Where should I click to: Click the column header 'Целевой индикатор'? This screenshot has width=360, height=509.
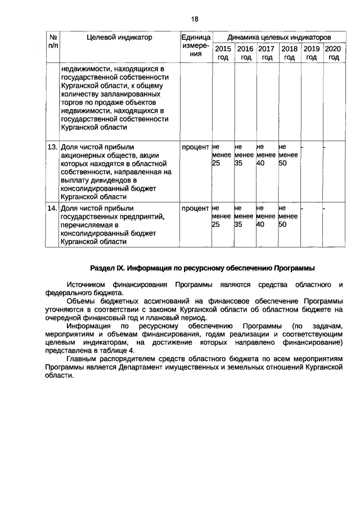119,37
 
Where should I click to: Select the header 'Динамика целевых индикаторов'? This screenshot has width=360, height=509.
277,37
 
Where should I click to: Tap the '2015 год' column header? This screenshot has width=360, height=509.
223,53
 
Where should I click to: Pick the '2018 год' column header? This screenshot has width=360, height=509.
289,53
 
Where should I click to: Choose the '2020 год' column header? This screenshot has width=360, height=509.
334,53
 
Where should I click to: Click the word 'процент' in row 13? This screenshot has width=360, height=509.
195,147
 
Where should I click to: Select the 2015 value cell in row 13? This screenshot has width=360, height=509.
222,155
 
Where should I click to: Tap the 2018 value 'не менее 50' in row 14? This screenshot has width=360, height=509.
289,216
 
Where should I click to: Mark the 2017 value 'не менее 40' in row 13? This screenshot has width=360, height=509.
267,155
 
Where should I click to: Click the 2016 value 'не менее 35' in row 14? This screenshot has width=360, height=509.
244,216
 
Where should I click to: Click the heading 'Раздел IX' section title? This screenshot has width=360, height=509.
202,267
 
